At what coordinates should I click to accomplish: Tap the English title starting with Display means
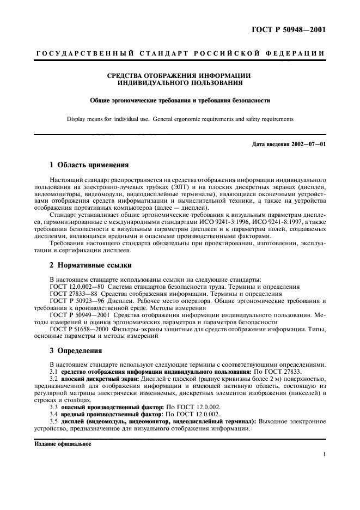[x=180, y=118]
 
